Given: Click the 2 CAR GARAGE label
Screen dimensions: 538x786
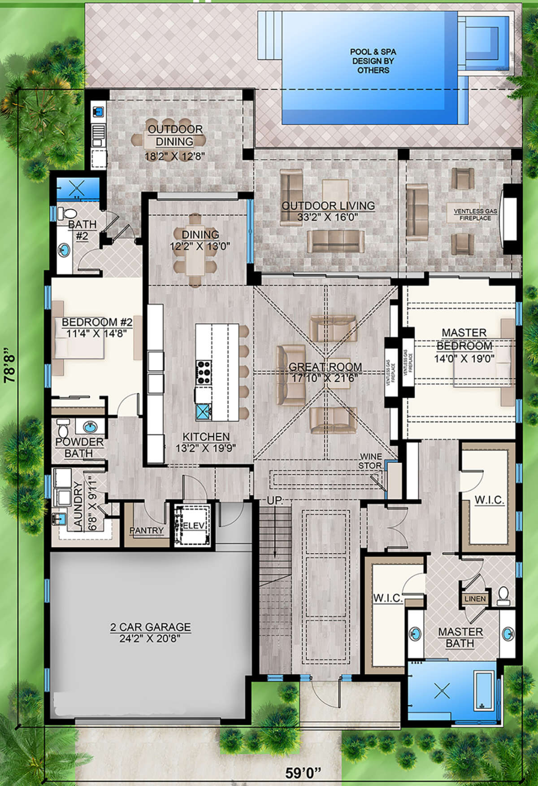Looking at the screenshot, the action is (x=151, y=627).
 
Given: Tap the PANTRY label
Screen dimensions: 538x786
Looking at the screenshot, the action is (x=147, y=530).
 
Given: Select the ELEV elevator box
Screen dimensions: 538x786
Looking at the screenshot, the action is (x=192, y=525).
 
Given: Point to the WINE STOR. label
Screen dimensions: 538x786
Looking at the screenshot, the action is (x=370, y=461).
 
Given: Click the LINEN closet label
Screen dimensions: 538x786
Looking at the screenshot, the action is (x=475, y=599).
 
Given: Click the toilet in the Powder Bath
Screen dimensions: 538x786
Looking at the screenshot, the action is (x=62, y=428).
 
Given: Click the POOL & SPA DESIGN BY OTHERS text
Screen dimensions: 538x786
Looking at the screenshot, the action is (x=373, y=61).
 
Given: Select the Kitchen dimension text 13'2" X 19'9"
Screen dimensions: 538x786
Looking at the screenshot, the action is (x=206, y=448).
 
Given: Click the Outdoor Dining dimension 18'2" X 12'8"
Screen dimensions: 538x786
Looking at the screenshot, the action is (x=175, y=157).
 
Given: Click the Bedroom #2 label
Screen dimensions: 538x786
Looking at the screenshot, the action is (x=97, y=322).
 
